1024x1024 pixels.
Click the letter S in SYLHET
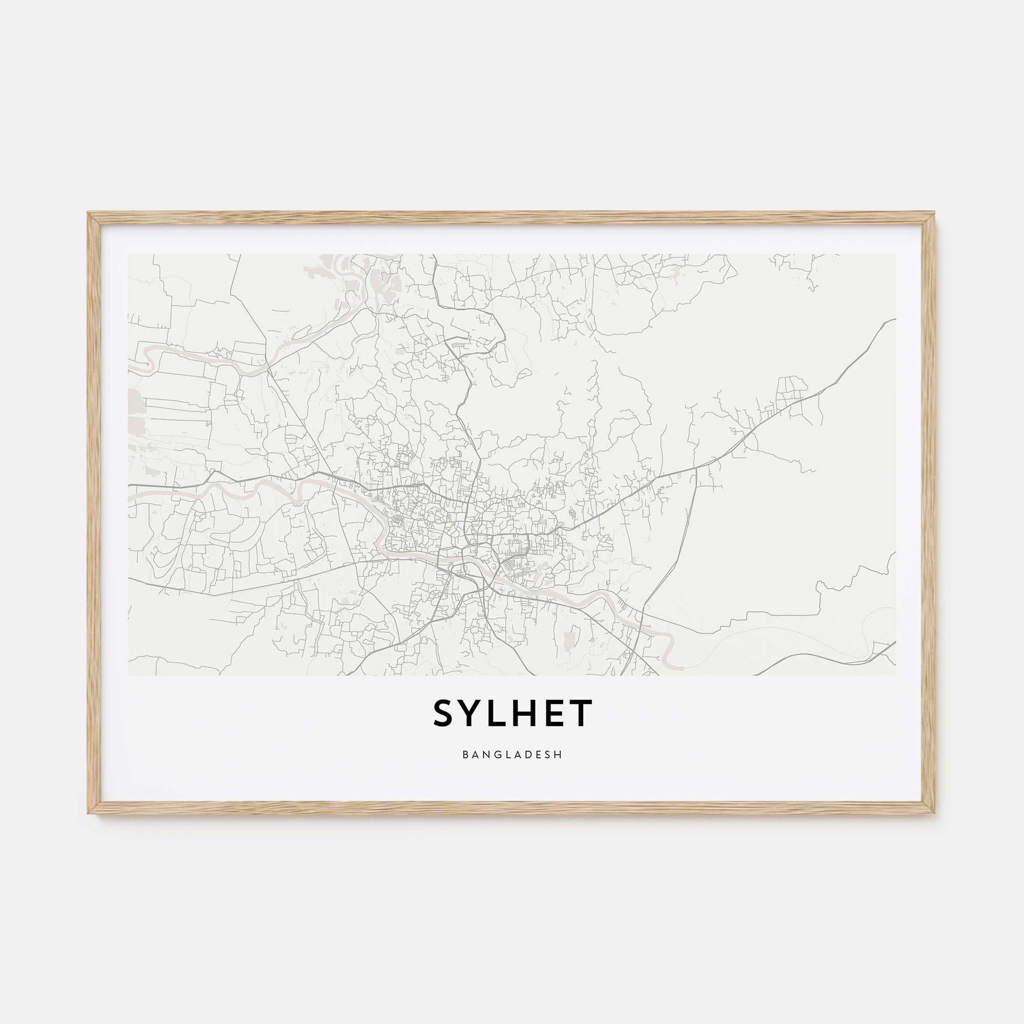446,713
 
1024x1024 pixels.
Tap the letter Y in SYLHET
474,713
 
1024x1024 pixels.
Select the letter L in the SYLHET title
500,713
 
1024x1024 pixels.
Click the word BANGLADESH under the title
512,754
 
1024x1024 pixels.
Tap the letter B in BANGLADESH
465,754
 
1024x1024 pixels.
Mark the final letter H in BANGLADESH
559,754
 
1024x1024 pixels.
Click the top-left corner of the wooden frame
89,214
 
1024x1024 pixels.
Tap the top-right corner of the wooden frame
935,214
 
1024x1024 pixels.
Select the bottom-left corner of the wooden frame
89,814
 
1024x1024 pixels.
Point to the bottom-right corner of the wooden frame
935,814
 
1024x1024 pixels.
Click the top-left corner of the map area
129,254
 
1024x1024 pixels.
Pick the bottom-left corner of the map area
129,675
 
